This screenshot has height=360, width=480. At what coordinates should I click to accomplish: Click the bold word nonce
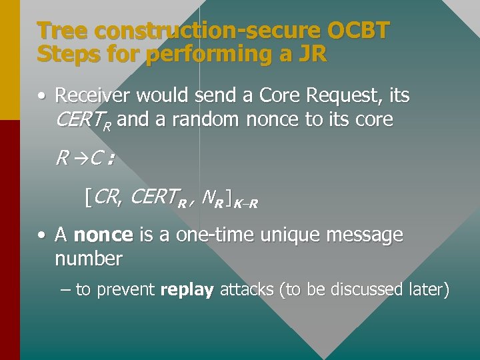(x=103, y=235)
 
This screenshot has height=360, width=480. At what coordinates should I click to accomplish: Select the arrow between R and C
(x=77, y=159)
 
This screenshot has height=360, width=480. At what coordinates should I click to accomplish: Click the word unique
(x=277, y=235)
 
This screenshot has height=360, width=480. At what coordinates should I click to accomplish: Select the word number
(x=88, y=259)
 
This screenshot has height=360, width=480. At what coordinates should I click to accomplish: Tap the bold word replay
(x=187, y=290)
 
